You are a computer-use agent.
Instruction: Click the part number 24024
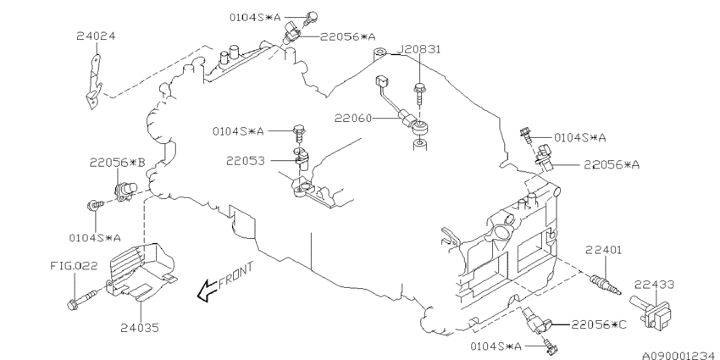(96, 36)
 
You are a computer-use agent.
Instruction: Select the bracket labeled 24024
(94, 83)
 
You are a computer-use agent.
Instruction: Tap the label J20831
(418, 49)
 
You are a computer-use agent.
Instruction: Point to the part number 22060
(352, 119)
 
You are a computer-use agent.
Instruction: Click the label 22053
(245, 161)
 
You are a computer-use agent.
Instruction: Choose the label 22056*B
(117, 162)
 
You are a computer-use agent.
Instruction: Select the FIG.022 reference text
(74, 266)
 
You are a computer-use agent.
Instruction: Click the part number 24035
(140, 328)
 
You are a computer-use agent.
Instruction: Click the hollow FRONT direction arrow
(207, 291)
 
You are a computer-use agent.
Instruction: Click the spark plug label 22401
(603, 250)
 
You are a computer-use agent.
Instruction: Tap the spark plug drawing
(605, 284)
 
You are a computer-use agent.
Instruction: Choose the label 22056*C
(599, 324)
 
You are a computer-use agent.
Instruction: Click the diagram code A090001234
(680, 356)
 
